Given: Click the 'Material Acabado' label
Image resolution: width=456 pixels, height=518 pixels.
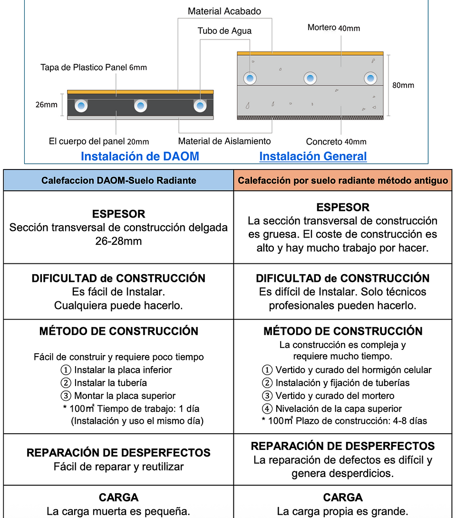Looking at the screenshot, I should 224,11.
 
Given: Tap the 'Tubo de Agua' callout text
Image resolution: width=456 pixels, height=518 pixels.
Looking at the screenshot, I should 224,31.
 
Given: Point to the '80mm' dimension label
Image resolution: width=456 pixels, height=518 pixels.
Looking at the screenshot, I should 403,86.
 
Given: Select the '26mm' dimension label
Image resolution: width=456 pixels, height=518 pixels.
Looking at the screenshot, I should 47,105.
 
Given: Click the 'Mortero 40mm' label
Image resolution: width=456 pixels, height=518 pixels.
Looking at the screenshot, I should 333,28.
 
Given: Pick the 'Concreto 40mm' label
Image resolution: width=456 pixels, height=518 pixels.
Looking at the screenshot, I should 336,142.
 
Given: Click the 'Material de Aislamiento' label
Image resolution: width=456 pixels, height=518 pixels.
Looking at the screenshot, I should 224,141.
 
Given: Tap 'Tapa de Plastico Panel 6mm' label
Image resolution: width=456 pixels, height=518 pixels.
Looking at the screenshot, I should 94,68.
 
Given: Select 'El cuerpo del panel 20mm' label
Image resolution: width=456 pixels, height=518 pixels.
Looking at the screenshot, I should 99,141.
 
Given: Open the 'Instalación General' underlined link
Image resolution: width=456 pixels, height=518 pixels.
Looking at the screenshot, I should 313,156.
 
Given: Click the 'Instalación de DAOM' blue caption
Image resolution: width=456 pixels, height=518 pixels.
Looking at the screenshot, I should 140,156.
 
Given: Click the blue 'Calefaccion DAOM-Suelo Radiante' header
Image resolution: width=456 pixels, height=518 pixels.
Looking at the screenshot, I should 118,181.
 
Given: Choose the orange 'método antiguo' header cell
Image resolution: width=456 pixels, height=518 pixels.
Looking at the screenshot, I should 343,181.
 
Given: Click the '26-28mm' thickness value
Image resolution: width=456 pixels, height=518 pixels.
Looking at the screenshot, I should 118,241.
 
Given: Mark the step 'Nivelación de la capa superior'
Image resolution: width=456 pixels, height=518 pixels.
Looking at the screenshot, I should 338,408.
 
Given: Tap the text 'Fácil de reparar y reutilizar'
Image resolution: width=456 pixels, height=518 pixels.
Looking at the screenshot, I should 118,467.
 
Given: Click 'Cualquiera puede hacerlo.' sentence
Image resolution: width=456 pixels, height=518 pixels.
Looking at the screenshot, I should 118,306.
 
